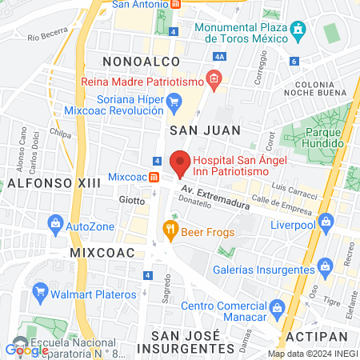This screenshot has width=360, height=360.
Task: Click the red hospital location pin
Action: click(180, 162)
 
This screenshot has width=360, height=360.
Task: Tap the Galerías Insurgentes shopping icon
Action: click(325, 265)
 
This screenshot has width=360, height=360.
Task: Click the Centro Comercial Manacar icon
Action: click(276, 306)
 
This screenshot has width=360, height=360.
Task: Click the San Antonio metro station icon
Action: click(175, 4)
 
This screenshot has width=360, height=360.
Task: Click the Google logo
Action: click(27, 349)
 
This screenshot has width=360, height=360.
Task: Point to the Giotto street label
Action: click(132, 199)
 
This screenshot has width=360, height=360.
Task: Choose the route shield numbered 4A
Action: click(220, 57)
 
